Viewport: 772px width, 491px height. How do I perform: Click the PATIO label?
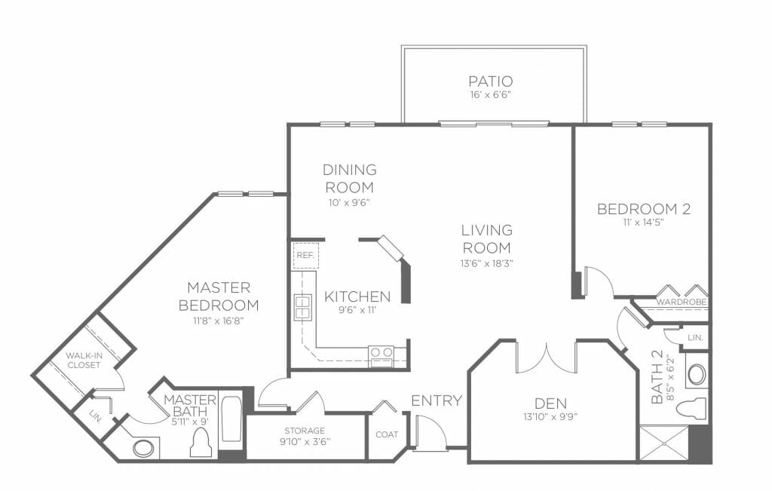point(490,81)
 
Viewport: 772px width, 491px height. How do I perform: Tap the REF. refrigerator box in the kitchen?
point(305,256)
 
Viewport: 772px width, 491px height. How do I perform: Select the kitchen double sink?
point(302,307)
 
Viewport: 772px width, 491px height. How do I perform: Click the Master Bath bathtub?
point(231,419)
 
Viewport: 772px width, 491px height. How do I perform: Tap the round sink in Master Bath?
point(143,448)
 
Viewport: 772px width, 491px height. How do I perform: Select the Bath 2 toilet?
point(691,408)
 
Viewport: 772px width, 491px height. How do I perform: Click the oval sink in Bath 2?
point(696,374)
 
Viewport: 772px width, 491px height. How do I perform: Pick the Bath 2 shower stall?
point(663,444)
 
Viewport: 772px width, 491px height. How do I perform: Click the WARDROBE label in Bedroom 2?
point(682,302)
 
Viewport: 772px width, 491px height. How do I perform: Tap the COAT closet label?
point(387,434)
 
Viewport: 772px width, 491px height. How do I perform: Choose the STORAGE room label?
point(305,431)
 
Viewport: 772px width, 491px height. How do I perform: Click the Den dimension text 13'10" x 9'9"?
point(550,416)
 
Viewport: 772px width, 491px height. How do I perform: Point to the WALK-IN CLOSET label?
point(84,360)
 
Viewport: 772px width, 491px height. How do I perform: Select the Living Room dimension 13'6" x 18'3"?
point(487,263)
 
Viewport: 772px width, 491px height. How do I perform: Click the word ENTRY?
point(437,400)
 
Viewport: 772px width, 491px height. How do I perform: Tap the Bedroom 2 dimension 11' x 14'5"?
point(644,222)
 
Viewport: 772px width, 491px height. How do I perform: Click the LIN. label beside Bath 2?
point(695,338)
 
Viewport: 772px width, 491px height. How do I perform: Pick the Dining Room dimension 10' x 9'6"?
point(349,202)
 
